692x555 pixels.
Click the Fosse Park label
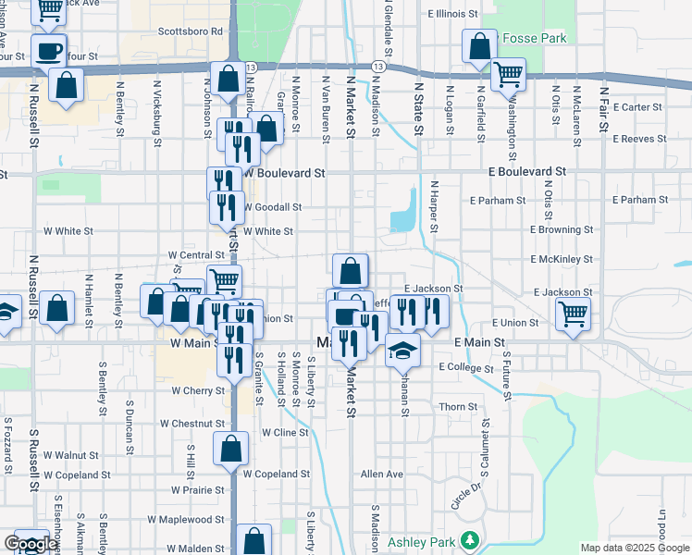point(534,39)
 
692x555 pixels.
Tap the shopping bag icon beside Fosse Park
point(479,46)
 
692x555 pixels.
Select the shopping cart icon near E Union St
point(574,314)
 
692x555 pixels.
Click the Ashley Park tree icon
point(471,540)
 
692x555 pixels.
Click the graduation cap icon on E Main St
point(402,350)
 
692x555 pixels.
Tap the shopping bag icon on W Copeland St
point(230,450)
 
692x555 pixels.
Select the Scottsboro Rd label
point(192,31)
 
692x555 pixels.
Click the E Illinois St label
point(453,15)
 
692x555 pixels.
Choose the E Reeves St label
point(639,139)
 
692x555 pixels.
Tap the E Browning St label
point(562,229)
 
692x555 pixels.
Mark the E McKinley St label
point(562,260)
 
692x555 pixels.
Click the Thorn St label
point(458,407)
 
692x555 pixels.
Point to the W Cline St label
point(285,432)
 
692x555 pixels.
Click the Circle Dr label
point(467,496)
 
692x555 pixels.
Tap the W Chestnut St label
point(192,424)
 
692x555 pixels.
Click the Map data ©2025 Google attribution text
point(634,548)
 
